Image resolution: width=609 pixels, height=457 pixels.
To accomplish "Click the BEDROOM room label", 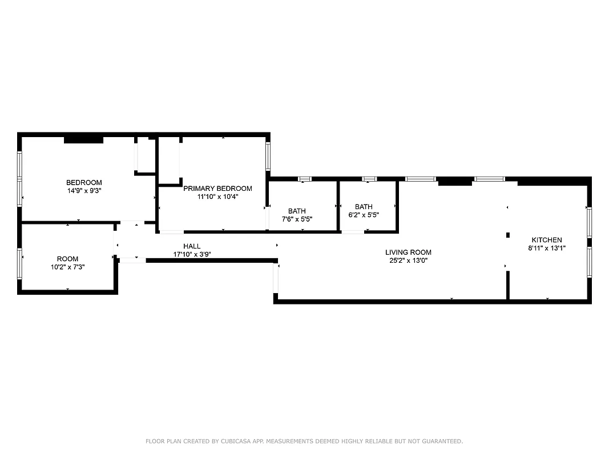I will pos(84,183).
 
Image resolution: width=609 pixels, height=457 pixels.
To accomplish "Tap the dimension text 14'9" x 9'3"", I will pos(84,191).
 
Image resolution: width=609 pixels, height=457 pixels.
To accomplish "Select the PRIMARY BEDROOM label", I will pos(217,189).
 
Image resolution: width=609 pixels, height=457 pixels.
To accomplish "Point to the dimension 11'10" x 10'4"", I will pos(217,197).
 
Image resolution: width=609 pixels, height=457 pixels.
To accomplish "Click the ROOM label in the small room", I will pos(67,259).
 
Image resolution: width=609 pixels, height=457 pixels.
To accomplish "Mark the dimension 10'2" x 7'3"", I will pos(67,267).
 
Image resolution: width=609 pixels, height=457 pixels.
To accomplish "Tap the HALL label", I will pos(192,246).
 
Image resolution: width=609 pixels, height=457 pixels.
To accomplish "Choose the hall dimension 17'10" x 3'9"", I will pos(192,254).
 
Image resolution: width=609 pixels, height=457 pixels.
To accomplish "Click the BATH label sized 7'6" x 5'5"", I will pos(297,211).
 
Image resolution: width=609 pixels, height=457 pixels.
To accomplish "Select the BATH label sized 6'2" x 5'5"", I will pos(364,207).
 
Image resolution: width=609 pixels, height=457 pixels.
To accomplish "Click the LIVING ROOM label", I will pos(408,252).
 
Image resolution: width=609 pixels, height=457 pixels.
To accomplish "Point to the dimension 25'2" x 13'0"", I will pos(408,260).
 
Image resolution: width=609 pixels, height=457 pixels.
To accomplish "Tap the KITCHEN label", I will pos(547,240).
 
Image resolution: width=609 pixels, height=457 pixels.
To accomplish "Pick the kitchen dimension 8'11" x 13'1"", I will pos(547,248).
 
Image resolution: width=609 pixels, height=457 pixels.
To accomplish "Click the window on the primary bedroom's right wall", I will pos(268,155).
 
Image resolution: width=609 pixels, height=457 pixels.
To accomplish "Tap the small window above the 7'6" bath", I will pos(305,179).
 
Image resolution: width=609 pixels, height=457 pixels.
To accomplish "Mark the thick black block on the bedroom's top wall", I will pos(83,139).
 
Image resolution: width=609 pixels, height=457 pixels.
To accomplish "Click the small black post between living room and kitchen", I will pos(507,235).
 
